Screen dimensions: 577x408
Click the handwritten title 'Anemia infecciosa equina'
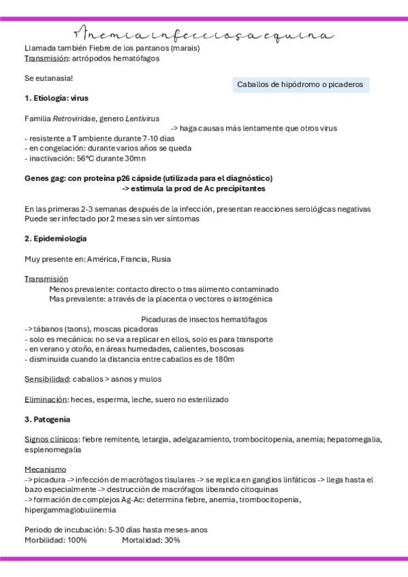point(204,34)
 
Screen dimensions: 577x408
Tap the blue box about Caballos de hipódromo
point(300,85)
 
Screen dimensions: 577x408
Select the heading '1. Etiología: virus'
point(57,98)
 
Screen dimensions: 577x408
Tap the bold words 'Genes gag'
point(44,178)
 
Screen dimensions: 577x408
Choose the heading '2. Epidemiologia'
point(55,239)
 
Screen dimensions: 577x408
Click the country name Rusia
point(161,259)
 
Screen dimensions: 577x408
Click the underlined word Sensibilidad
point(45,379)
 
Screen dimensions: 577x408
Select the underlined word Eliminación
point(45,399)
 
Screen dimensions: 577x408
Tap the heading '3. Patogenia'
point(48,419)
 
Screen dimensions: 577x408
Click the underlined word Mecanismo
point(45,469)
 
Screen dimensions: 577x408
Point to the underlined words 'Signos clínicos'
point(51,440)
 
